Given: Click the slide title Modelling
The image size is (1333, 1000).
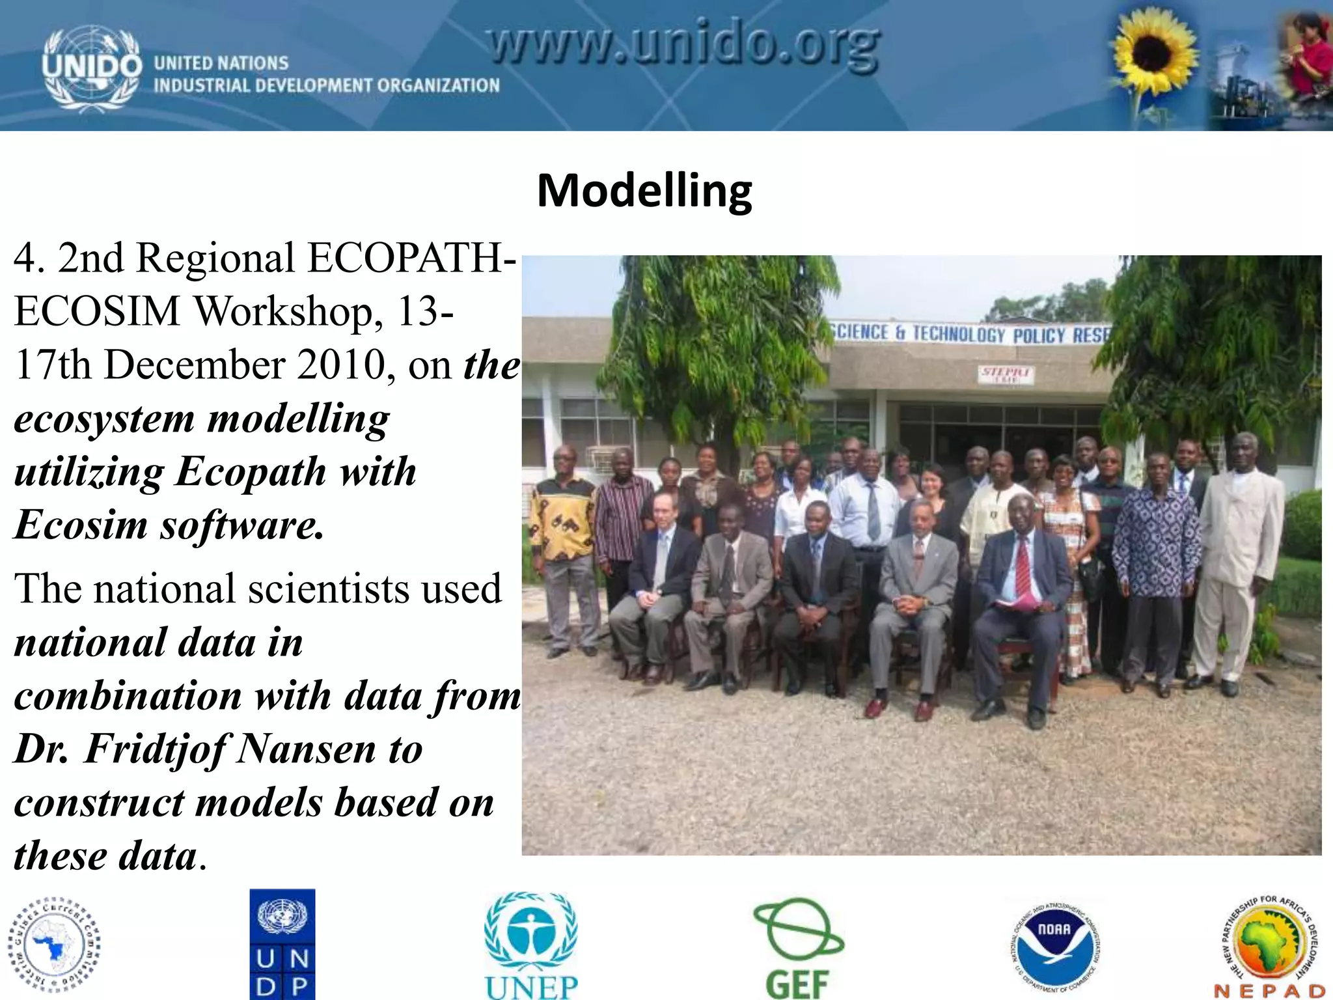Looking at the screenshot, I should coord(644,190).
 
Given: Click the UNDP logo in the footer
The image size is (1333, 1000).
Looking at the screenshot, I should coord(282,944).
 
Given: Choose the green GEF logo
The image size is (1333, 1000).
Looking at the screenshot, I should coord(797,947).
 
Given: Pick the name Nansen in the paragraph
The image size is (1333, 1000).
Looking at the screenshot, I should coord(306,749).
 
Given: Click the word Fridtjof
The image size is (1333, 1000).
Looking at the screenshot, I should coord(156,749).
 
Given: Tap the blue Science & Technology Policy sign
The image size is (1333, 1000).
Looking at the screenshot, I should coord(970,334).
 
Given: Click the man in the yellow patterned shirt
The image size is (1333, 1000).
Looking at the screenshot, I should coord(564,547).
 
